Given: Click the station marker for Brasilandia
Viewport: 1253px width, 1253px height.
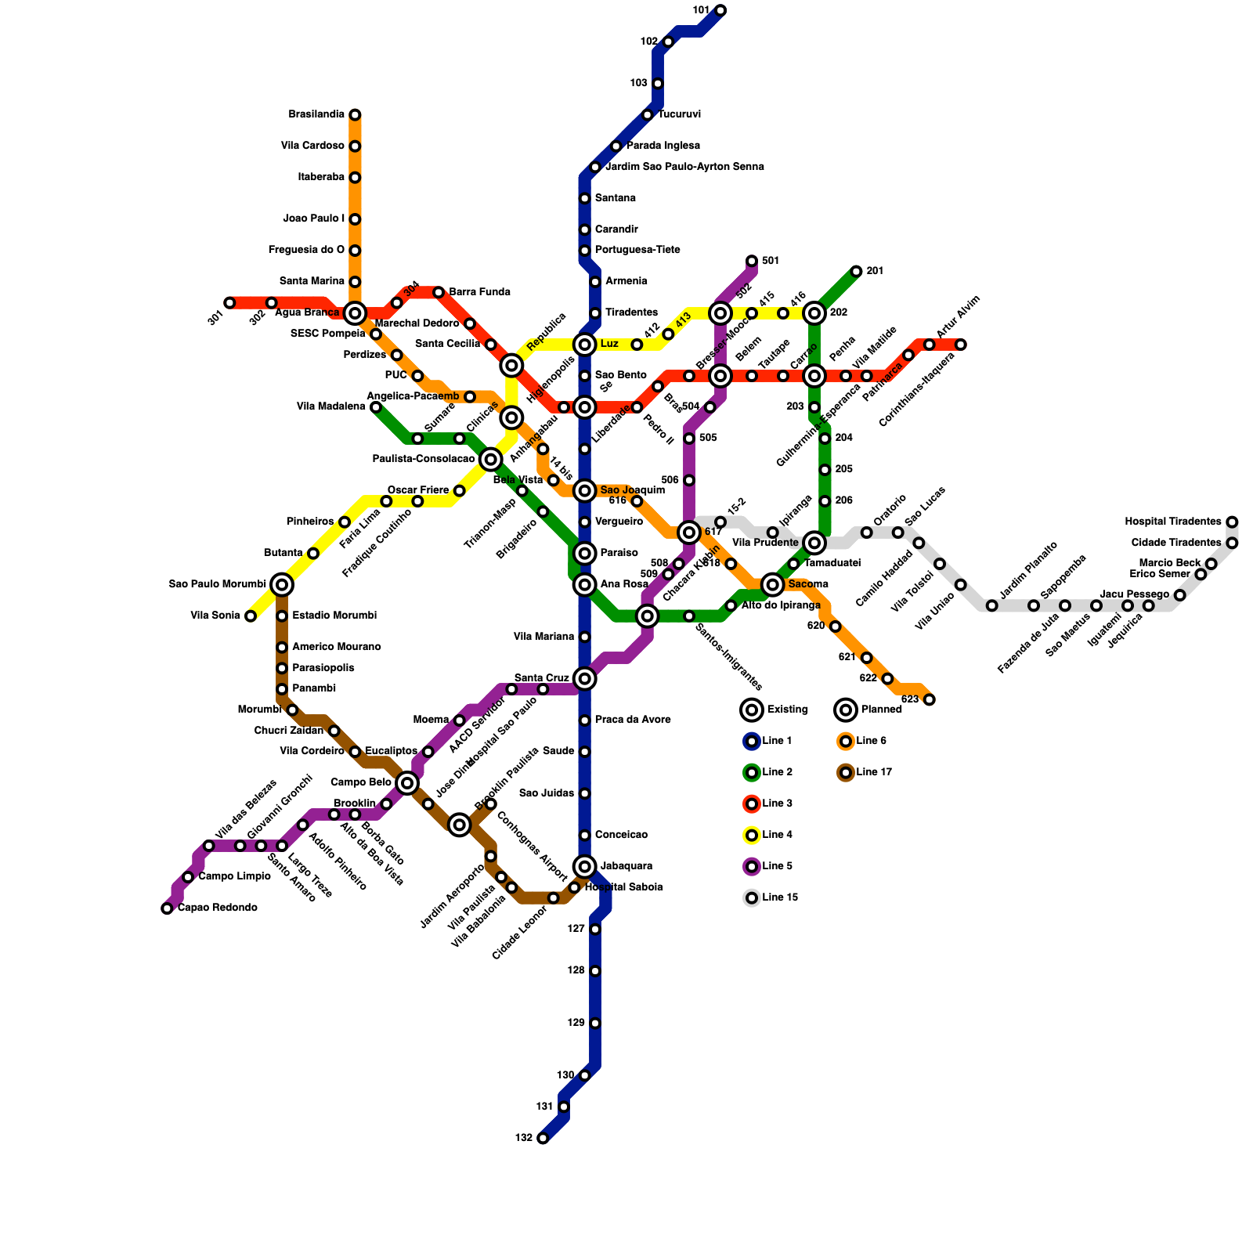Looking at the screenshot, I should pos(355,115).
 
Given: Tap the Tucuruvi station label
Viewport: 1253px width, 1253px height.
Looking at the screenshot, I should pos(679,115).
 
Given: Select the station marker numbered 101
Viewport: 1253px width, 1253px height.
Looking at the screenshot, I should pos(720,10).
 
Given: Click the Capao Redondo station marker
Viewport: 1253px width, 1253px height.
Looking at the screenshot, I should pos(167,908).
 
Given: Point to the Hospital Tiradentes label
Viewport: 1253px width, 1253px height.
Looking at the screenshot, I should pos(1172,522).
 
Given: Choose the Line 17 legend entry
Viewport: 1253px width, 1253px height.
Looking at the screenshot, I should pos(865,773).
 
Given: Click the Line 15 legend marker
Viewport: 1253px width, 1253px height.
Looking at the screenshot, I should pos(752,898).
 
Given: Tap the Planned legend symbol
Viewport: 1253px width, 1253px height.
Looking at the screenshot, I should pos(846,710).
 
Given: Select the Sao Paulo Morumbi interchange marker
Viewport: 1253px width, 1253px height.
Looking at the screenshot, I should pos(282,584).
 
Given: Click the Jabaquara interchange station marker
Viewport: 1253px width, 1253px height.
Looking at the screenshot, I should pos(585,866).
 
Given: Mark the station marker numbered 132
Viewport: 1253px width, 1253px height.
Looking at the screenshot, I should pos(543,1138).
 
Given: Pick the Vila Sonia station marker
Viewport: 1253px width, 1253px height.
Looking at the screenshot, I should pos(251,616).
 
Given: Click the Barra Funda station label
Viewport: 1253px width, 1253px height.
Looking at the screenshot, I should pos(479,293).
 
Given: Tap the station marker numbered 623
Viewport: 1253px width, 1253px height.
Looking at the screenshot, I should pos(929,699).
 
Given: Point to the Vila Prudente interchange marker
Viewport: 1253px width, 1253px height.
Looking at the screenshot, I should pos(814,543).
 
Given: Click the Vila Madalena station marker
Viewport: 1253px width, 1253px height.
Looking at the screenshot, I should pos(376,407).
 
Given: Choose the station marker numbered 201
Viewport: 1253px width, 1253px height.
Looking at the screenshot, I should pos(856,272).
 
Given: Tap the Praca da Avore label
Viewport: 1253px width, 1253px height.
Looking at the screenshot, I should pos(632,720).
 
